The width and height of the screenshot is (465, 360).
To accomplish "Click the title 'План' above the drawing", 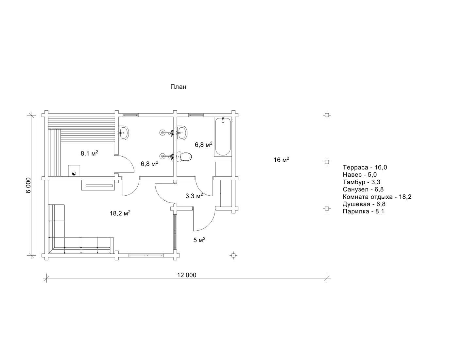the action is tap(178, 87).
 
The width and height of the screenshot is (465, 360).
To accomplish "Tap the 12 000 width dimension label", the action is tap(187, 275).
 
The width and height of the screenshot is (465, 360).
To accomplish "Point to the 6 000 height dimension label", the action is tap(28, 185).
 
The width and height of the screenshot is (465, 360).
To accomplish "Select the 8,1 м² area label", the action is tap(90, 153).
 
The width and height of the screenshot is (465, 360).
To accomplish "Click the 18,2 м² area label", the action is tap(120, 213).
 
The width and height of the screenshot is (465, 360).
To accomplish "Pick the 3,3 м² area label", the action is tap(194, 195).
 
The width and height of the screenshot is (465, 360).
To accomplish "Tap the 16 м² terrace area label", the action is tap(282, 160).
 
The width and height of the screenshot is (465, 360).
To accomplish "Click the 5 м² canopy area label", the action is tap(199, 240).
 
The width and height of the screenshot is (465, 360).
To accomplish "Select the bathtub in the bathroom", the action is tap(223, 136).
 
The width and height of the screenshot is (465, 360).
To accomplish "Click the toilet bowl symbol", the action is tap(184, 156).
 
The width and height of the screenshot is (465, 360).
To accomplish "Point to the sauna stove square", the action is tap(74, 171).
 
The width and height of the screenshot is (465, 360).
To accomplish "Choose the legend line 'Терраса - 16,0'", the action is tap(365, 167).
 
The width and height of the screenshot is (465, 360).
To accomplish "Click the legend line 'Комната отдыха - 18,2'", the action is tap(377, 197).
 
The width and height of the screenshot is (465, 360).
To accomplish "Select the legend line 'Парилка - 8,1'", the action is tap(363, 211).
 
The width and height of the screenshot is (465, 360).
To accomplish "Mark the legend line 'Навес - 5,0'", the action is tap(360, 174).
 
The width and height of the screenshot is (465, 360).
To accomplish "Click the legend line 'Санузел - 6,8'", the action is tap(363, 189).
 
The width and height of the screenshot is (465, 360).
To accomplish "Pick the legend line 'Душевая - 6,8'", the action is tap(364, 204).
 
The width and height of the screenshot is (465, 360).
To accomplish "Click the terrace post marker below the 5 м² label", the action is tap(233, 255).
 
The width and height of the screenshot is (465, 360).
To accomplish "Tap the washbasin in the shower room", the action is tap(124, 133).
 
